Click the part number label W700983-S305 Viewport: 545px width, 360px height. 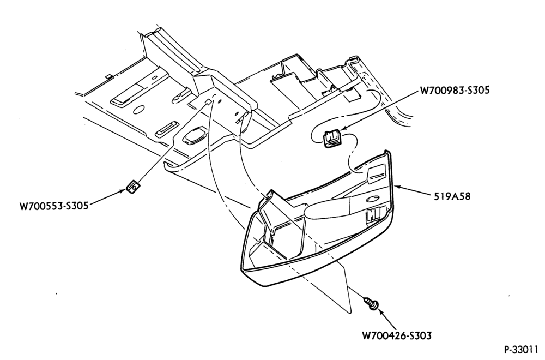pos(455,91)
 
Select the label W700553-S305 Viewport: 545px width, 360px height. pos(54,206)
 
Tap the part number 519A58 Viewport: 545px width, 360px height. pos(452,196)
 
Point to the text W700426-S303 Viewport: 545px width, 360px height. pos(397,336)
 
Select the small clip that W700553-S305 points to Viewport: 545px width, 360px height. pos(133,187)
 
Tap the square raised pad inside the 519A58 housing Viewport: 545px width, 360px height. pos(376,174)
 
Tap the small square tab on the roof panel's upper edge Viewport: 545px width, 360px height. pos(108,76)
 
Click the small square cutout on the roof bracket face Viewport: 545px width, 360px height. pos(207,102)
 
